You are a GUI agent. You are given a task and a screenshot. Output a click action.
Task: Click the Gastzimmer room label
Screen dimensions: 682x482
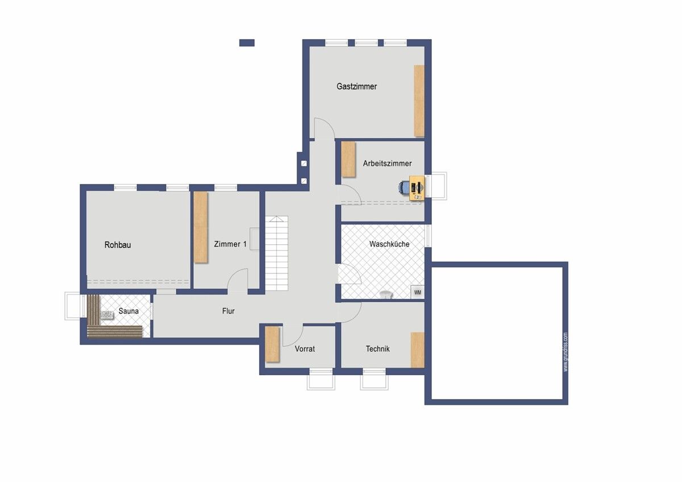[356, 86]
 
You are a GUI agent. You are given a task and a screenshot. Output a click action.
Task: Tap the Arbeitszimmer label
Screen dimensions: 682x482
[387, 164]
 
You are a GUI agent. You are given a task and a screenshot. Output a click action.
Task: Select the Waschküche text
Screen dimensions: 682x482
[389, 244]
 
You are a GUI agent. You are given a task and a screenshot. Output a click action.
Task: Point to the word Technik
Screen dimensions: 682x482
[377, 349]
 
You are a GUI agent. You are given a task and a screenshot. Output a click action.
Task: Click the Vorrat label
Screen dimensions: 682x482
[305, 349]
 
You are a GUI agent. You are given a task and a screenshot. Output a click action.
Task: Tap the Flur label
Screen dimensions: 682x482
[228, 311]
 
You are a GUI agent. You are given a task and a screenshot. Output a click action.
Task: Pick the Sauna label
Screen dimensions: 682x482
[128, 311]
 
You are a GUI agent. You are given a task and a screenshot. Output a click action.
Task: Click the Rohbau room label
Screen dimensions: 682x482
[118, 245]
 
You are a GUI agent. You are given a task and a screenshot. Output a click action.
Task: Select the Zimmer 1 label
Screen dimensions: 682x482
[230, 244]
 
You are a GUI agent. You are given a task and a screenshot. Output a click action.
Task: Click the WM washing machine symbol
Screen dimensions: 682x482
[417, 292]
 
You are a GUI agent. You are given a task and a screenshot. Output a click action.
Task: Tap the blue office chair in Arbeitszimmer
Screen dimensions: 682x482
[404, 187]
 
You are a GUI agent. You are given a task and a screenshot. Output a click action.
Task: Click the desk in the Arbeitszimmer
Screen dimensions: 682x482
[417, 188]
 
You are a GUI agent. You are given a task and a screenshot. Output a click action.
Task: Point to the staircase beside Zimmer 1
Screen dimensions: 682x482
[276, 254]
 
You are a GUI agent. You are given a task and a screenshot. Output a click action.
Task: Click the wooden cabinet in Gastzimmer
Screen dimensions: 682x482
[419, 101]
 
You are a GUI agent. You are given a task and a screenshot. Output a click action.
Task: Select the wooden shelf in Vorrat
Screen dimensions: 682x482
[272, 344]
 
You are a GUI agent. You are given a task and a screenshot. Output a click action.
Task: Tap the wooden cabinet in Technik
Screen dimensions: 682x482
[418, 350]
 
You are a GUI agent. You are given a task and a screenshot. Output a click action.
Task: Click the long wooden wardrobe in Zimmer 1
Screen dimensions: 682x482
[201, 227]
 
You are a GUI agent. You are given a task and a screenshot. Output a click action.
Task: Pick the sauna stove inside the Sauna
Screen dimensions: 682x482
[107, 315]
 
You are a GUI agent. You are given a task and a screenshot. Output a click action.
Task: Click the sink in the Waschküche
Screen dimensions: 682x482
[386, 294]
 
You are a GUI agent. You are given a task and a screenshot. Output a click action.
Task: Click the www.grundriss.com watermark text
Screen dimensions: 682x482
[565, 352]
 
